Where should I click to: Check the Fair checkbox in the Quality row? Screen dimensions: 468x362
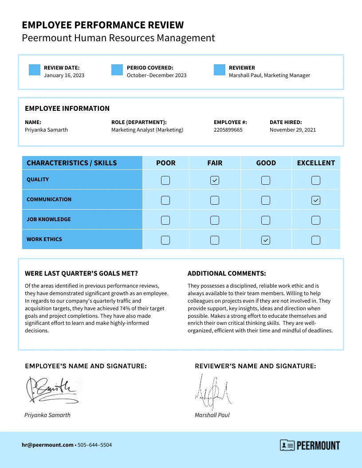tap(215, 180)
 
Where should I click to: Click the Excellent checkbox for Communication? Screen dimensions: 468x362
tap(316, 200)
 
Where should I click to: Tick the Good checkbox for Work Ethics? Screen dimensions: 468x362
tap(265, 240)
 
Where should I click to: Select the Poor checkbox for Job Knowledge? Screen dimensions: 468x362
tap(165, 220)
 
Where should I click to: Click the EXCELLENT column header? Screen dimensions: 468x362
tap(316, 163)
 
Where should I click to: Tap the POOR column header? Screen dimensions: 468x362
tap(166, 163)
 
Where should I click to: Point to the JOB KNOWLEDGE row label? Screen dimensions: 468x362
tap(48, 219)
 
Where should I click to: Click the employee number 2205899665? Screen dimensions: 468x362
tap(228, 130)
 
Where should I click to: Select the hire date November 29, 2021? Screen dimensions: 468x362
tap(293, 130)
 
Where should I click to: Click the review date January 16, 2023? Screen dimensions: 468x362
tap(64, 75)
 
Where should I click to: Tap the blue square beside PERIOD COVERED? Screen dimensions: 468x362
tap(117, 70)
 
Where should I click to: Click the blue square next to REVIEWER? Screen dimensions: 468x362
tap(220, 70)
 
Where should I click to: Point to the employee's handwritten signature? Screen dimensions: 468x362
tap(52, 389)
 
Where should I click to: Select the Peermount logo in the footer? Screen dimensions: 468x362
tap(310, 445)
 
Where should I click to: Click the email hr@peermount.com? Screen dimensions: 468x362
tap(47, 445)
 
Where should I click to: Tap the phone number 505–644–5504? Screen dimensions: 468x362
tap(95, 445)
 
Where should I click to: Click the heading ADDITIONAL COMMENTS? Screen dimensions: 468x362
tap(227, 274)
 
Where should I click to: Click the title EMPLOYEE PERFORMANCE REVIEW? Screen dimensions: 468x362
tap(102, 25)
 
